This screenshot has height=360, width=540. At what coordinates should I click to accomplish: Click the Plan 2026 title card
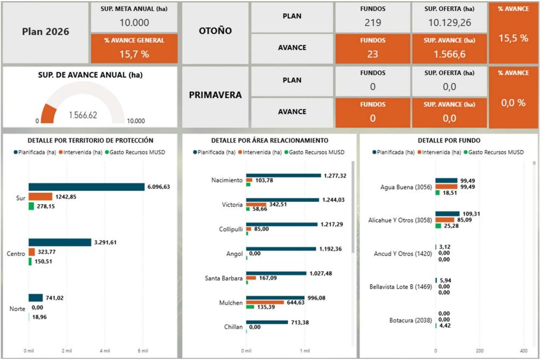46,32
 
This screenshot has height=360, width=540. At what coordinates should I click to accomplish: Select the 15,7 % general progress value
134,53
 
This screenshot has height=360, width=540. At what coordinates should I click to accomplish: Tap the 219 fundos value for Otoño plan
373,22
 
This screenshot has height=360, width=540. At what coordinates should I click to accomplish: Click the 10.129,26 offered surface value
449,22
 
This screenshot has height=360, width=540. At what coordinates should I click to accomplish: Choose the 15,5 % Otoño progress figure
513,38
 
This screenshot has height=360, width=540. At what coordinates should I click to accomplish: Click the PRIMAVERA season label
215,95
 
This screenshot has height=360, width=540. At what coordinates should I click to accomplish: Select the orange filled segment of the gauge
48,115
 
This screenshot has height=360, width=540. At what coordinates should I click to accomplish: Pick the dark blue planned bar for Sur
86,187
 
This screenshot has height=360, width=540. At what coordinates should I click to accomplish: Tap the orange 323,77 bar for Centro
32,252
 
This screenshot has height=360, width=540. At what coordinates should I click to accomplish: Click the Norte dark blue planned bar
36,298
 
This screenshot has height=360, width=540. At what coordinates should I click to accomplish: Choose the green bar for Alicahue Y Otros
439,226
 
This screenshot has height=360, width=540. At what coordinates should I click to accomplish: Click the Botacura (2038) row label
406,320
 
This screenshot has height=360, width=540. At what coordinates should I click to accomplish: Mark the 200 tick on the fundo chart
480,350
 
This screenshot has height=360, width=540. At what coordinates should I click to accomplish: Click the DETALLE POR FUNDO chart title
449,141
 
